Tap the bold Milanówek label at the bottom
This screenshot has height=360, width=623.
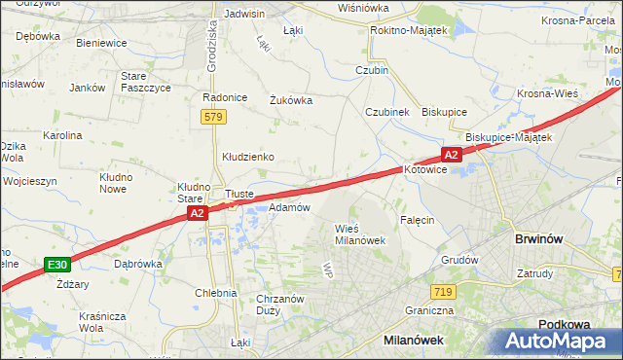tap(416, 340)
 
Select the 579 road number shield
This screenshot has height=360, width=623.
tap(214, 117)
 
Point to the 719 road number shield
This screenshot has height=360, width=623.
tap(444, 291)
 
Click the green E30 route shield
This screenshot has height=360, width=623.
tap(56, 264)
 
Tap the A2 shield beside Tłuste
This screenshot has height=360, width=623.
tap(197, 213)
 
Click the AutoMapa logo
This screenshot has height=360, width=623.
tap(561, 342)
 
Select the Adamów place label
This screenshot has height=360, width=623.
tap(289, 207)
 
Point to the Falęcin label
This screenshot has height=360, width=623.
tap(416, 220)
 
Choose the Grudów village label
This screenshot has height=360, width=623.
tap(459, 260)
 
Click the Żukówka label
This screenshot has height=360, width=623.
tap(290, 98)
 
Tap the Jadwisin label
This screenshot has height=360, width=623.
tap(244, 14)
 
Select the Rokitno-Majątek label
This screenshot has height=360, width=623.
tap(408, 31)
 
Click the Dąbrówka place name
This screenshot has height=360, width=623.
tap(137, 264)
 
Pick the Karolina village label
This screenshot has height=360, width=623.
tap(61, 135)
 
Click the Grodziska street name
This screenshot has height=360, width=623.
tap(212, 49)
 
